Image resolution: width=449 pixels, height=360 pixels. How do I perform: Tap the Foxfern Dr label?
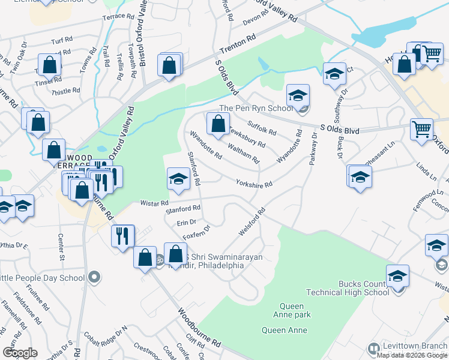point(197,232)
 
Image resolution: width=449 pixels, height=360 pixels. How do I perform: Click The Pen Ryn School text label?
point(256,109)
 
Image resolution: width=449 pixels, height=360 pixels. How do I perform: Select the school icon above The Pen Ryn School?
point(298,96)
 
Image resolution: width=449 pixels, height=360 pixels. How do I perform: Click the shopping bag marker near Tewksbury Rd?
point(218,124)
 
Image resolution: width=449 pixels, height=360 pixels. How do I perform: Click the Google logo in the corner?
point(20,353)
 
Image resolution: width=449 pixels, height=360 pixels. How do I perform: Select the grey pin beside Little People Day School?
point(93,277)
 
